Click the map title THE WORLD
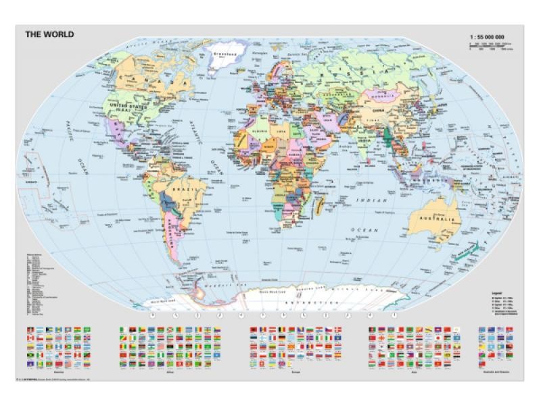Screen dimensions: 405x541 click(49, 34)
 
